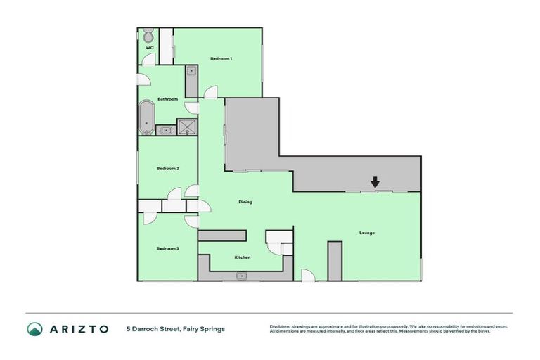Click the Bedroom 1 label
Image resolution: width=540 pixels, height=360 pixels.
point(221,58)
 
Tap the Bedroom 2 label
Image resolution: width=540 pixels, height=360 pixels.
point(167,169)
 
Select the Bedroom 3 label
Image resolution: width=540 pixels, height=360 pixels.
point(167,248)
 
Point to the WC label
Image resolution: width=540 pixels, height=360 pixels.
point(149,48)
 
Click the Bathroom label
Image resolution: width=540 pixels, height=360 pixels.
point(167,99)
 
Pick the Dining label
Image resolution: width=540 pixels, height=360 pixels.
point(245,202)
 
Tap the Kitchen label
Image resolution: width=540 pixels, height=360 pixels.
point(243,257)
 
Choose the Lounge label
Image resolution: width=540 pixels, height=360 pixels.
point(366,232)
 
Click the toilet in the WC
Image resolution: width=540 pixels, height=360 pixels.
point(148,35)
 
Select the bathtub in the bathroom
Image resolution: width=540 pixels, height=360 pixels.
point(146,117)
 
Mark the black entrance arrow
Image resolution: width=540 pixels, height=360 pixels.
point(375,182)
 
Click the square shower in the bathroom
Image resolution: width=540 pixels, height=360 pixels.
point(187,127)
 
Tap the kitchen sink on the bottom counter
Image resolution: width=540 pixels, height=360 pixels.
point(243,276)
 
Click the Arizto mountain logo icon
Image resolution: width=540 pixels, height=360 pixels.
point(34,328)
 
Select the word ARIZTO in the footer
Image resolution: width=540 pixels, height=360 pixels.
point(79,328)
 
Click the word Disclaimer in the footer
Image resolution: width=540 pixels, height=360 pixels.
point(281,326)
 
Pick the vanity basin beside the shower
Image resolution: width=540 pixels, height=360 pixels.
point(166,129)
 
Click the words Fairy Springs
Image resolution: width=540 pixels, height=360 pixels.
point(205,328)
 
